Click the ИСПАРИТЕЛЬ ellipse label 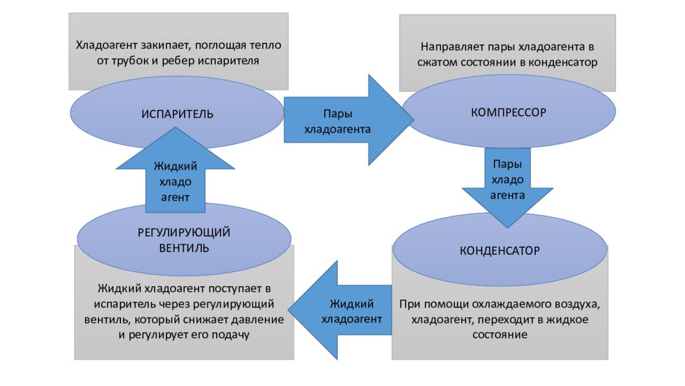coord(177,114)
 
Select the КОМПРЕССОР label coord(508,113)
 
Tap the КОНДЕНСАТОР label coord(500,251)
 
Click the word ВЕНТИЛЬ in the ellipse coord(184,248)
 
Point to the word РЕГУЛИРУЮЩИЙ coord(184,233)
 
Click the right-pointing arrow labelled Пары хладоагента coord(349,120)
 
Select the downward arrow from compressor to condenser coord(508,188)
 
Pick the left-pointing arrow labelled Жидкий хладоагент coord(340,310)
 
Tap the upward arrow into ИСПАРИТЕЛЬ coord(175,170)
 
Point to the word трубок coord(130,61)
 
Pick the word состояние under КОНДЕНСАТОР coord(500,335)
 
